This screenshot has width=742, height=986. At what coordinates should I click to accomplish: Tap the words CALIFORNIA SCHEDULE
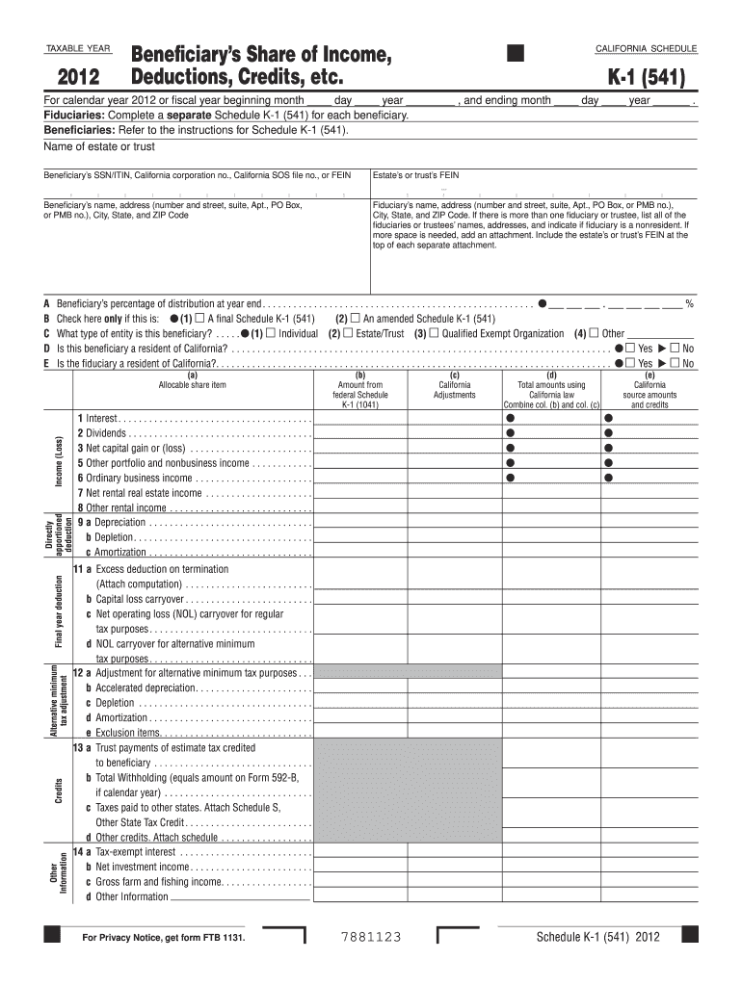(x=647, y=49)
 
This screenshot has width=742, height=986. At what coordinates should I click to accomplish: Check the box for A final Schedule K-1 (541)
(x=199, y=319)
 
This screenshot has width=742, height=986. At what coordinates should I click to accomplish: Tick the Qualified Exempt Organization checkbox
(x=434, y=333)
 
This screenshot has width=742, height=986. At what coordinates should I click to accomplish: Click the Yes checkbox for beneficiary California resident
(x=630, y=348)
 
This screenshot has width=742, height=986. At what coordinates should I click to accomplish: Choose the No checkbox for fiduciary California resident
(x=676, y=362)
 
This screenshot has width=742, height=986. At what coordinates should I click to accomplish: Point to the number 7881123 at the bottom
(x=371, y=938)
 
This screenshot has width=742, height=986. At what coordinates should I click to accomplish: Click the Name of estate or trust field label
(x=99, y=146)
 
